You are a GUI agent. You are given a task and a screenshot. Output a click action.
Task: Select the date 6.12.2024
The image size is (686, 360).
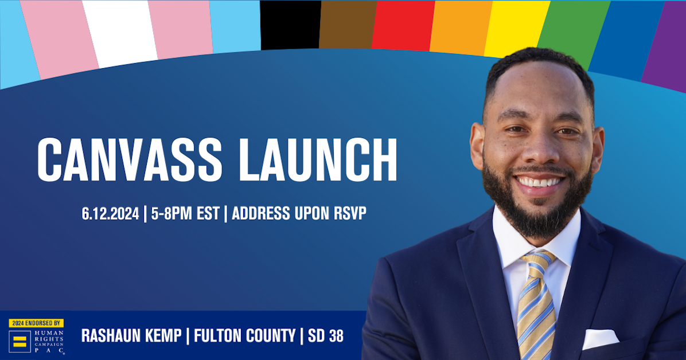pos(110,214)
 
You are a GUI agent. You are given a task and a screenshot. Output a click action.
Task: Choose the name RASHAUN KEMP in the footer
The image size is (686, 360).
pos(131,336)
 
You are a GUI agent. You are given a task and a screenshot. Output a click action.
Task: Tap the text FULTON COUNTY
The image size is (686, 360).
pos(244,336)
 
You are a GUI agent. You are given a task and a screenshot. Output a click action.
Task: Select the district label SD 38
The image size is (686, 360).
pos(325,336)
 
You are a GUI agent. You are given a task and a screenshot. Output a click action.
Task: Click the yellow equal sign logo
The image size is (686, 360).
pos(19,343)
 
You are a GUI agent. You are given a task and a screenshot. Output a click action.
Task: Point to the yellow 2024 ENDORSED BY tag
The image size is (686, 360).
pos(36,323)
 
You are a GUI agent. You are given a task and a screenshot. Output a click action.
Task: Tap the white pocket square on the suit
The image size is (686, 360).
pos(600,338)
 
